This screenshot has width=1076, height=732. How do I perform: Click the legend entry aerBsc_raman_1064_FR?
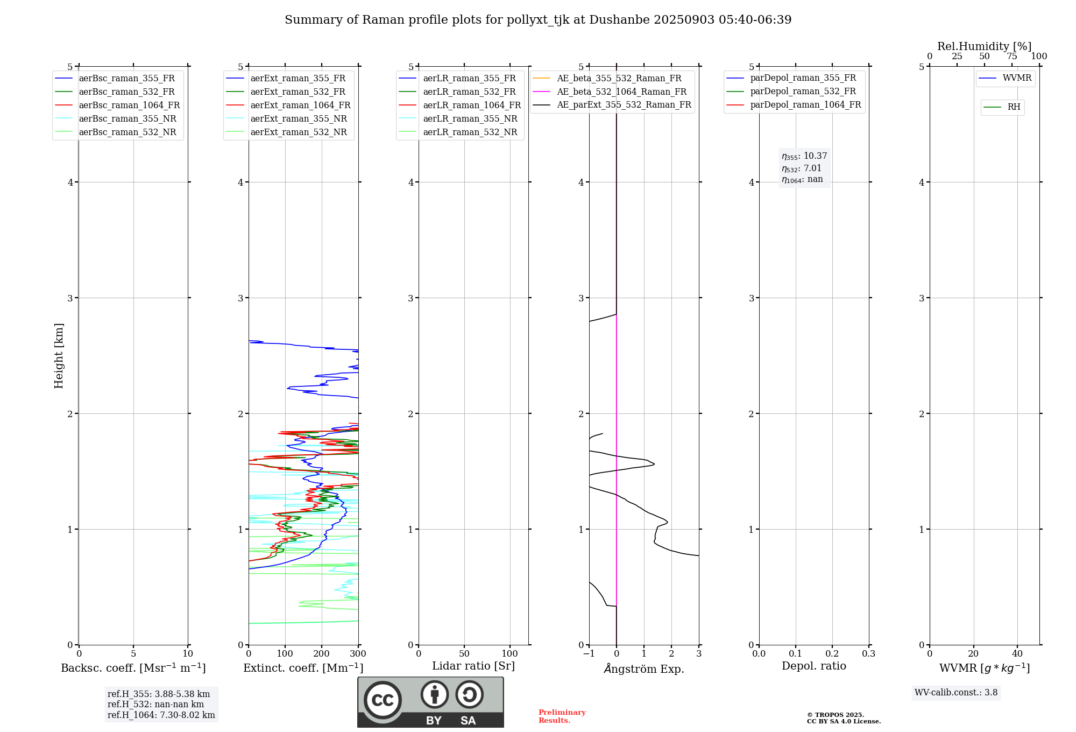click(x=129, y=105)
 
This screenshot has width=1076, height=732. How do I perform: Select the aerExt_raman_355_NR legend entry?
click(x=299, y=119)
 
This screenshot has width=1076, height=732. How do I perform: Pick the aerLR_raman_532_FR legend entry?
click(x=469, y=92)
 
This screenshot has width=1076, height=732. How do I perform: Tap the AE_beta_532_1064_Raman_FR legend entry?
click(x=621, y=92)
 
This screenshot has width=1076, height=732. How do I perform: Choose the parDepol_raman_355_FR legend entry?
click(x=803, y=78)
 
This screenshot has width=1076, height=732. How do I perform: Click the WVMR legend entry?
click(x=1017, y=78)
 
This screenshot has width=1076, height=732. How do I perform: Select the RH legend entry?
click(x=1014, y=107)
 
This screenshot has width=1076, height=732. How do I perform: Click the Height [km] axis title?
click(x=59, y=356)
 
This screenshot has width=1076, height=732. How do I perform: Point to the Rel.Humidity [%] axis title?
click(x=984, y=46)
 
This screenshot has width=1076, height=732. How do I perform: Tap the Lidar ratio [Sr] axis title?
click(x=473, y=666)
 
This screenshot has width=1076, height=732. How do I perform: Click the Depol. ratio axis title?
click(x=813, y=666)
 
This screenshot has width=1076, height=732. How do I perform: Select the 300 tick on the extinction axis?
click(x=358, y=654)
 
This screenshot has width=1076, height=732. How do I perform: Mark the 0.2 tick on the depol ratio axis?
click(x=832, y=654)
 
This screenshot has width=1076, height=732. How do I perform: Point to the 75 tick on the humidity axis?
click(x=1012, y=57)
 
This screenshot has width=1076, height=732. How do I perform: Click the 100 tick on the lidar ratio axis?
click(x=510, y=654)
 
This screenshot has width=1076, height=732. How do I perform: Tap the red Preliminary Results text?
click(x=562, y=716)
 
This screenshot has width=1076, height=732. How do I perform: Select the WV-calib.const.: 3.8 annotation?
click(x=956, y=693)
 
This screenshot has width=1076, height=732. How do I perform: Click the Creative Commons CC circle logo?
click(x=383, y=700)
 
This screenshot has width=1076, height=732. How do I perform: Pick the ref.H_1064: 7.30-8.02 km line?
click(x=161, y=715)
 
